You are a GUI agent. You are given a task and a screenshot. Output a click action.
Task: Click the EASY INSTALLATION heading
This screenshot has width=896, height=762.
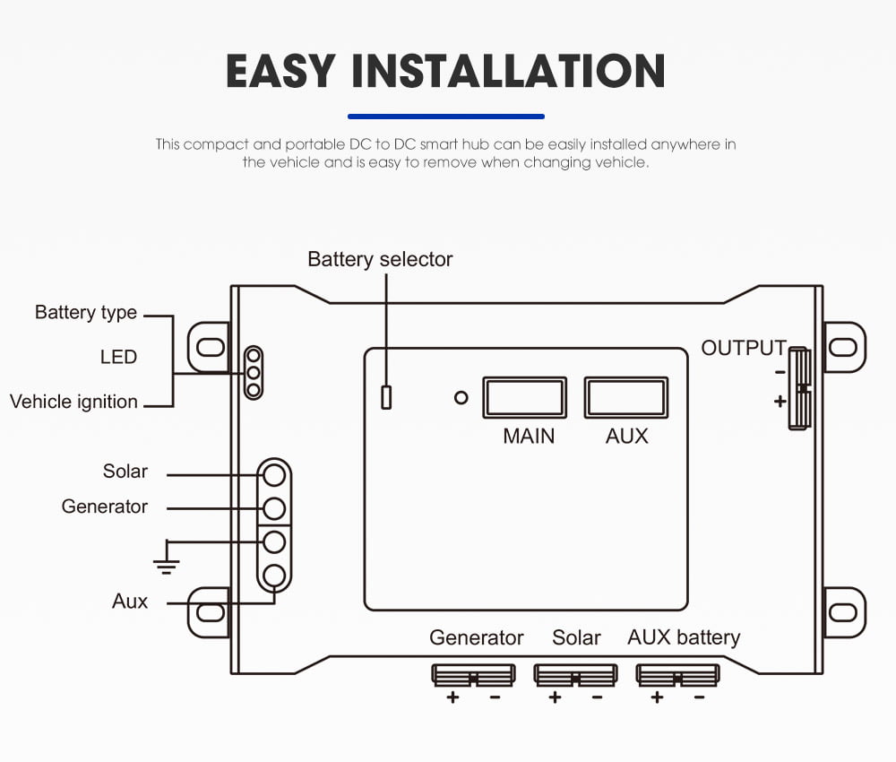445,71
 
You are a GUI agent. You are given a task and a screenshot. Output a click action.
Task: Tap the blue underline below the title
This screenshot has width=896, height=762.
445,117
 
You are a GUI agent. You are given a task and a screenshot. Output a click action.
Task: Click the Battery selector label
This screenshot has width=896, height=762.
380,259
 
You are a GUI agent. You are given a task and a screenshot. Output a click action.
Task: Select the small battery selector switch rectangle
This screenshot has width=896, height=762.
386,397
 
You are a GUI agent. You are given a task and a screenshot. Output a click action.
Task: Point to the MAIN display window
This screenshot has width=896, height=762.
525,397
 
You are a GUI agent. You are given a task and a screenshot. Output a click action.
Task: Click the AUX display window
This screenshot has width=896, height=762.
626,397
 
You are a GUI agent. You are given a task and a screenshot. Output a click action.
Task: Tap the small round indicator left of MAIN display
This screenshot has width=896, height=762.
461,397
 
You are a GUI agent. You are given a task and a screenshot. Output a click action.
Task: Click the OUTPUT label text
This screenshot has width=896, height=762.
743,348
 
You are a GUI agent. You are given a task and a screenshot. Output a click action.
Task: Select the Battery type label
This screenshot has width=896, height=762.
86,313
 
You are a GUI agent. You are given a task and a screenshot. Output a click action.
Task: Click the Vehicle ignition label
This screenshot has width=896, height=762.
73,402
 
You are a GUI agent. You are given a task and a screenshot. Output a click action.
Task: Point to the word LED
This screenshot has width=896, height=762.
118,357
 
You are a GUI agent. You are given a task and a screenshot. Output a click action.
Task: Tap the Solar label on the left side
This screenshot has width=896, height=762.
125,472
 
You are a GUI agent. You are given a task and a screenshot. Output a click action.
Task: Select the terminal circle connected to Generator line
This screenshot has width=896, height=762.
275,508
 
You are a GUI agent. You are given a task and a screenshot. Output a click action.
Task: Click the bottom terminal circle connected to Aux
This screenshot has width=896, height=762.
275,575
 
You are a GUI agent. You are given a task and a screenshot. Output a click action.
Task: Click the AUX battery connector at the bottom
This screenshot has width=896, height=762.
677,674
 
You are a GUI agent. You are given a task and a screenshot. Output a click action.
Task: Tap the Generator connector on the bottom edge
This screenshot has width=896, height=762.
473,674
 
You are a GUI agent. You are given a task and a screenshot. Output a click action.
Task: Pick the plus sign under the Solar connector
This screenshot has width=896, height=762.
555,697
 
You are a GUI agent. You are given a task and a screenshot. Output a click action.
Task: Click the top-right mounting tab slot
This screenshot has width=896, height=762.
842,346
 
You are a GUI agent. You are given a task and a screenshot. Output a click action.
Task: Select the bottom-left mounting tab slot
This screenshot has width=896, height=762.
210,611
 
